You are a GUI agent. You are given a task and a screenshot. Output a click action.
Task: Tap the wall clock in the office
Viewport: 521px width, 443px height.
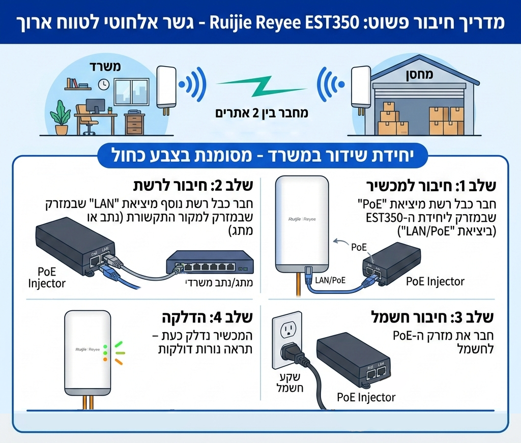coord(104,83)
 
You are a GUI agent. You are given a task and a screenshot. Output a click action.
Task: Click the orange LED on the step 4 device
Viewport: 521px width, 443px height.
coord(105,359)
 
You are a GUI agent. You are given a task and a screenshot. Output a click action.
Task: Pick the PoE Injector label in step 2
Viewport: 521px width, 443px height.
coord(47,277)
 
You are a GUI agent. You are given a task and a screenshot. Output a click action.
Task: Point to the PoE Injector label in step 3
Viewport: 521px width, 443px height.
coord(366,397)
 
